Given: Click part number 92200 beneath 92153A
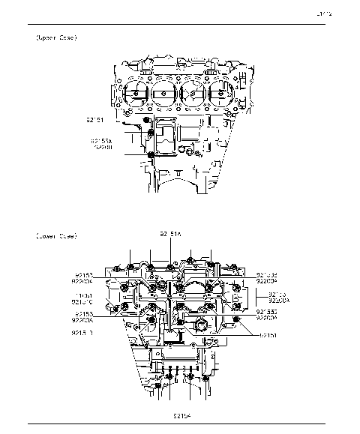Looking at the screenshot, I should pyautogui.click(x=103, y=148).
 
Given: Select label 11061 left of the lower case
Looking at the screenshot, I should pyautogui.click(x=82, y=295).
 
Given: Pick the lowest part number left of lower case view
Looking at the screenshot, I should pyautogui.click(x=82, y=331).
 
